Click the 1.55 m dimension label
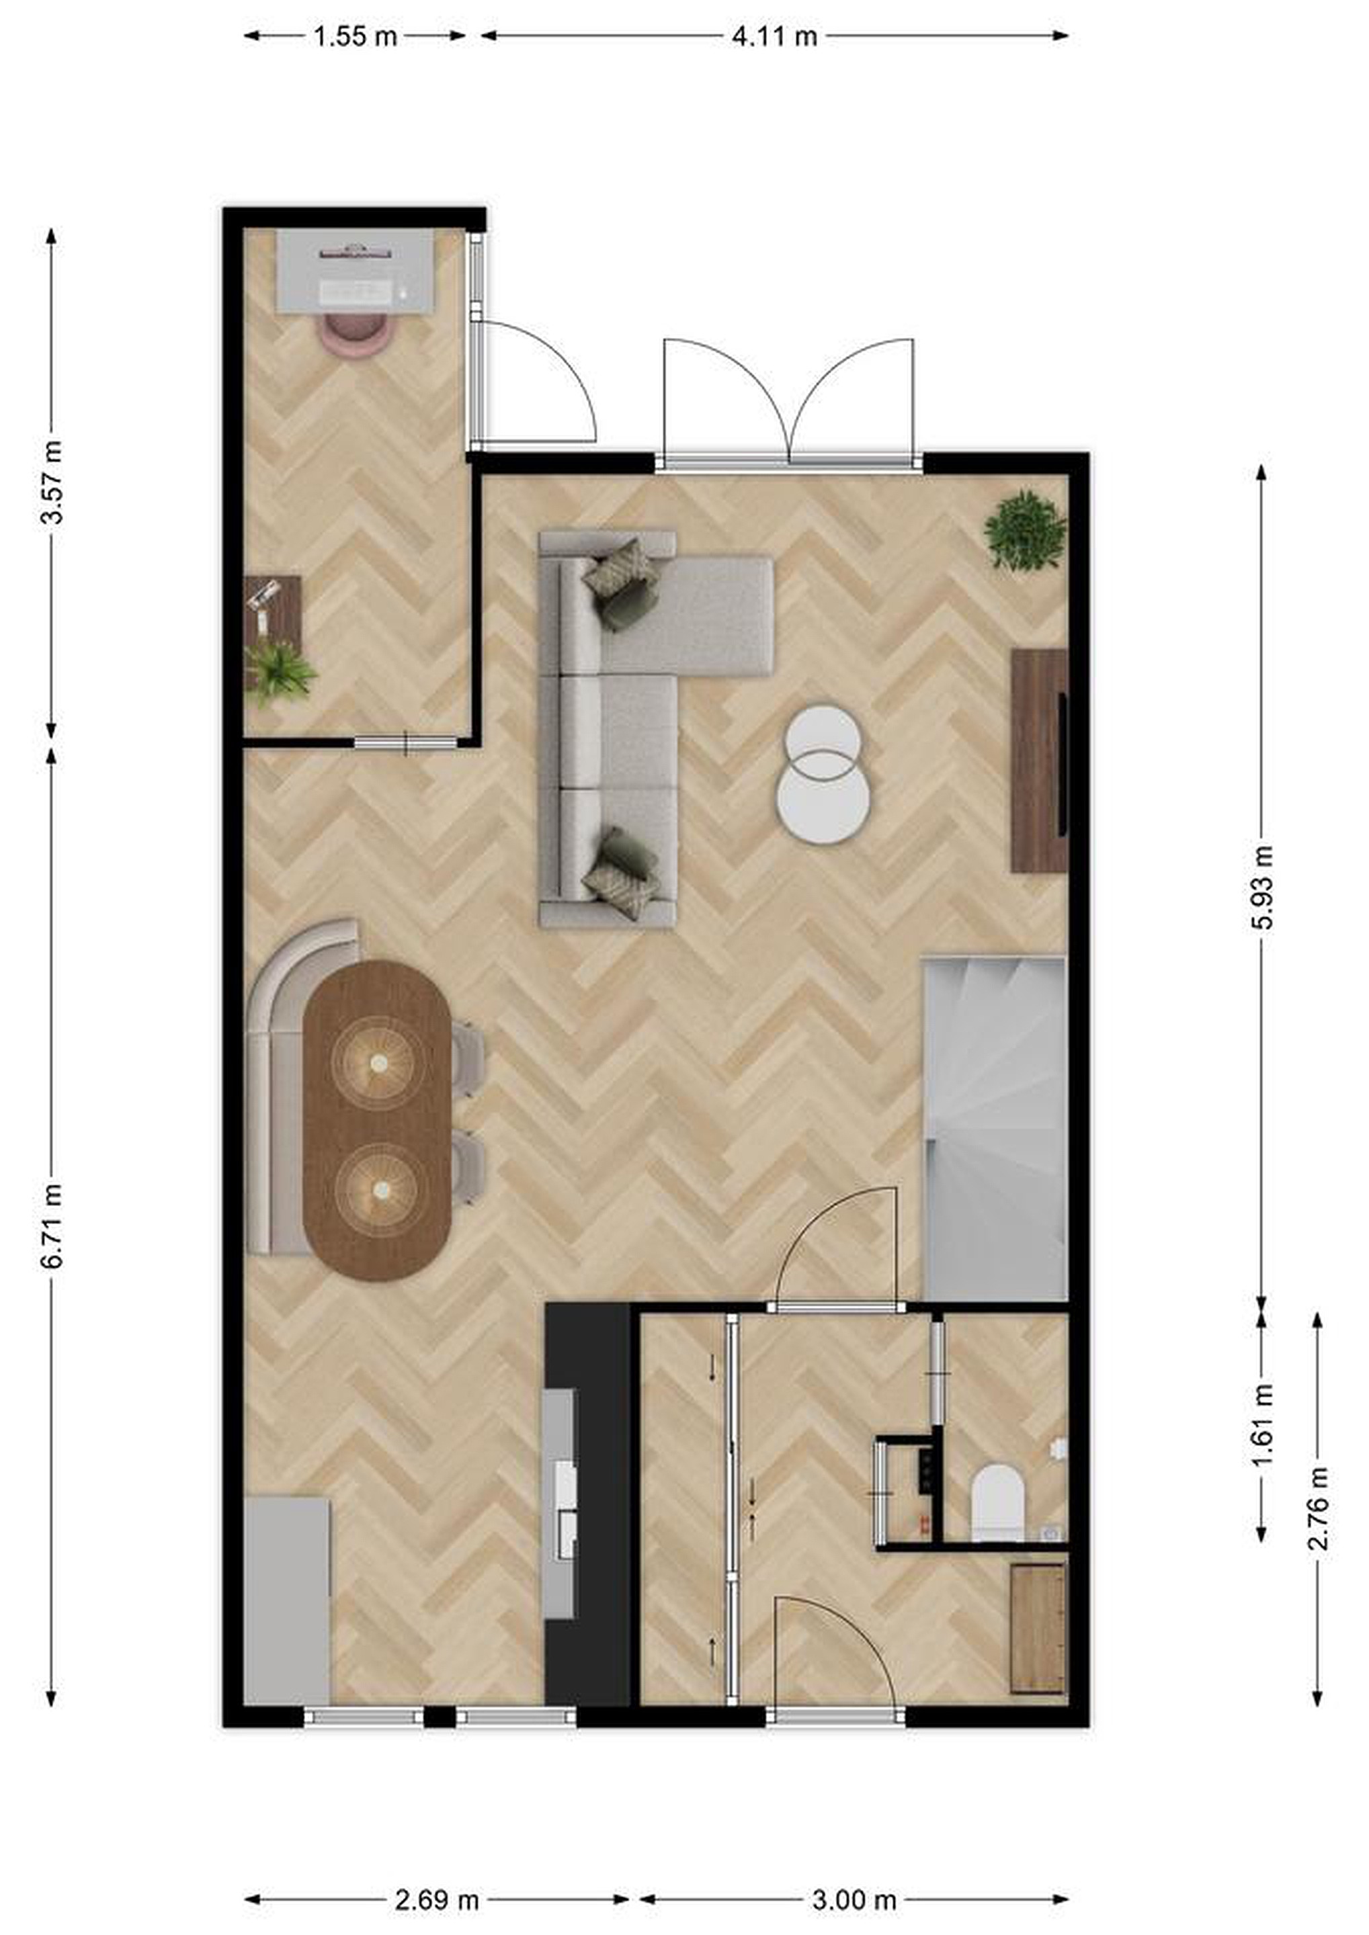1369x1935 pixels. [x=355, y=37]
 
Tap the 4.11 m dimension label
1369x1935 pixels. [x=774, y=37]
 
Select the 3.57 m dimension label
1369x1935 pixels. [x=52, y=482]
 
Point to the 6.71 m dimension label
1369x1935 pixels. [x=52, y=1226]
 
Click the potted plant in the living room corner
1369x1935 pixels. [x=1025, y=531]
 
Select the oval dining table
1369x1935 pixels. [x=377, y=1120]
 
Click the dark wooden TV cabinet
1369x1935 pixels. [x=1040, y=760]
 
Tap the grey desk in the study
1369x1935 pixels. [x=356, y=271]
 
